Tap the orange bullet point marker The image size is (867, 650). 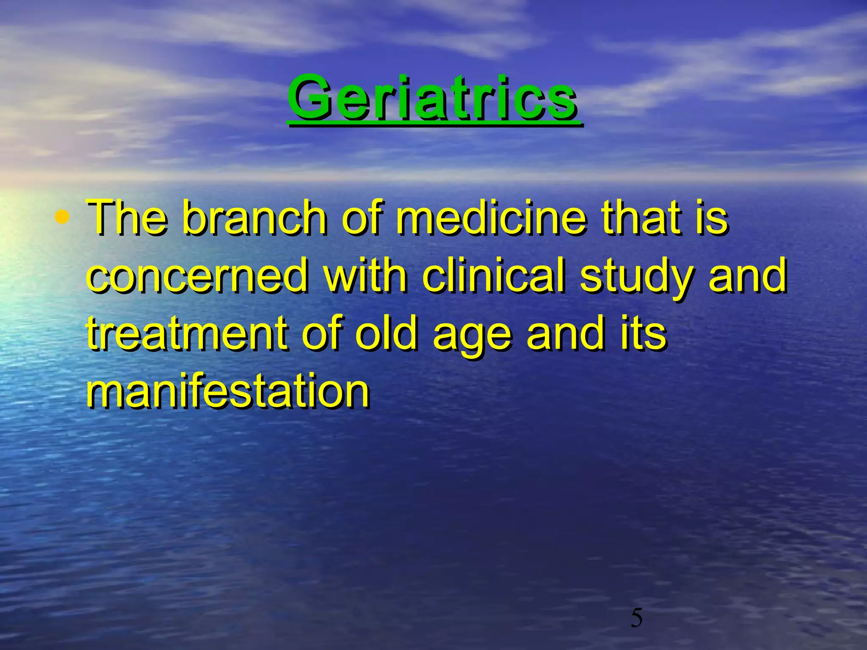point(62,218)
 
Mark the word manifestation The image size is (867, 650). point(228,391)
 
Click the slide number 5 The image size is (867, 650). point(636,619)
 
